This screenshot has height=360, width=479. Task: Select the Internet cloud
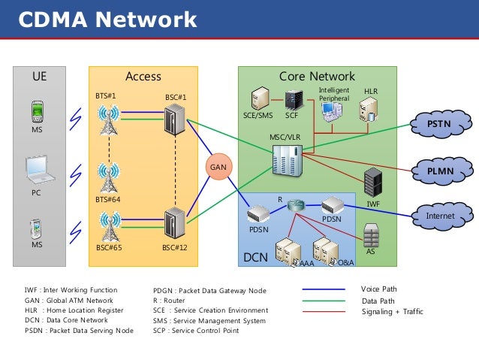[x=440, y=216]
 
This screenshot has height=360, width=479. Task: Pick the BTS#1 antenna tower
[x=109, y=119]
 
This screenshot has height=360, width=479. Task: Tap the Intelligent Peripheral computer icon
[x=330, y=112]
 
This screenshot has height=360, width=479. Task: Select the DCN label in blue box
[x=255, y=258]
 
